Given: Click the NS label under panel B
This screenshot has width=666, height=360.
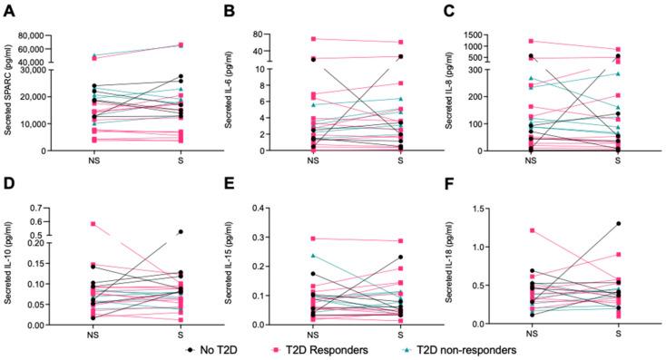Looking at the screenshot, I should pyautogui.click(x=313, y=161).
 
